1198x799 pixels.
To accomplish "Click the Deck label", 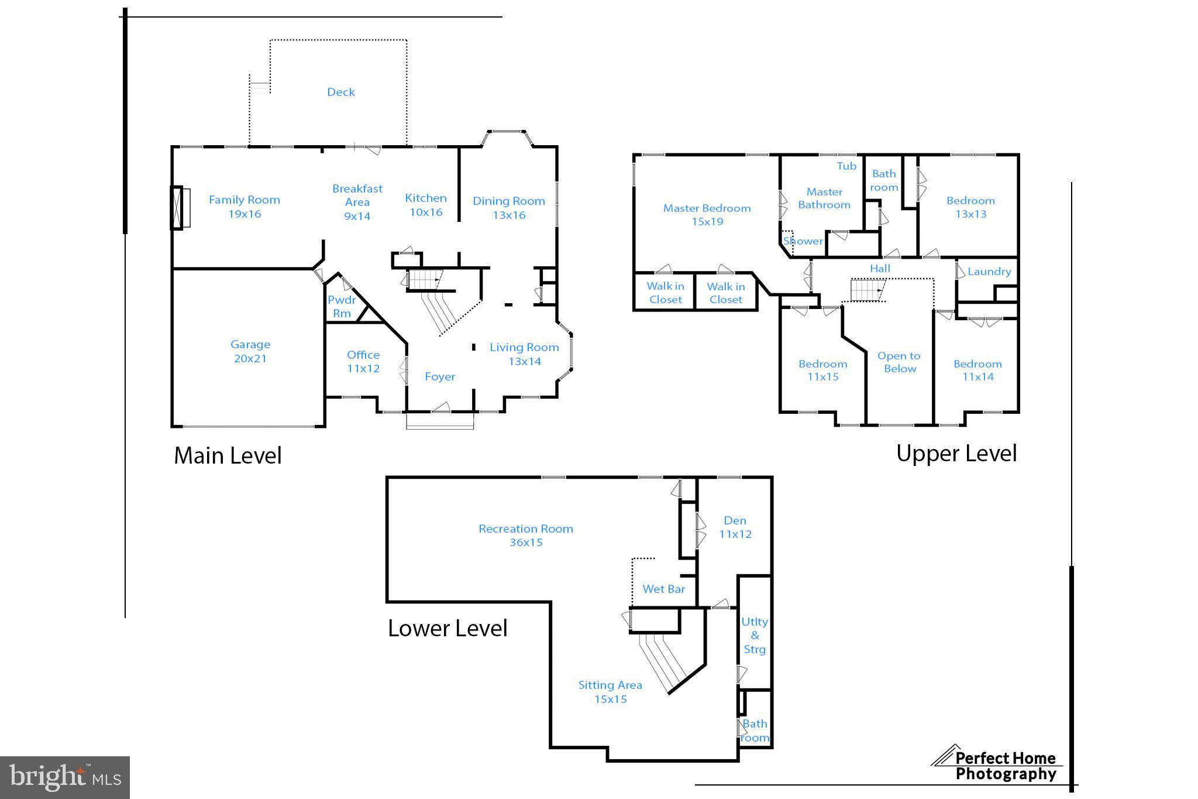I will tap(340, 92).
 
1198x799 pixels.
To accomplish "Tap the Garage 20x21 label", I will tap(250, 352).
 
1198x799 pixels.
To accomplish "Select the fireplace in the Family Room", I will tap(180, 207).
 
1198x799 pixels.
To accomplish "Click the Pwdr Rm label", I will tap(342, 307).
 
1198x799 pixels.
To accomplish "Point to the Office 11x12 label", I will tap(363, 362).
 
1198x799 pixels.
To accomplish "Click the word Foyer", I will tap(440, 377).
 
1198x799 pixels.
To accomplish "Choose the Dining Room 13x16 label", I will tap(509, 208).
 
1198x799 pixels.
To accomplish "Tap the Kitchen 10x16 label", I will tap(426, 205).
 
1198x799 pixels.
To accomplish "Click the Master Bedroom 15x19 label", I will tap(707, 215).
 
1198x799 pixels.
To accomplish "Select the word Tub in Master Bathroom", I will tap(846, 166).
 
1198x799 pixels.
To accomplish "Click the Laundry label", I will tap(989, 272).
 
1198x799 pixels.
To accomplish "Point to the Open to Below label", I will tap(899, 362).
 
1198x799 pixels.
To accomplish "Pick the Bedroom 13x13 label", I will tap(970, 207).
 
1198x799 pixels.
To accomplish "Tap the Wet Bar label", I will tap(663, 589).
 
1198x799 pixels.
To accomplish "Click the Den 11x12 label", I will tap(735, 527).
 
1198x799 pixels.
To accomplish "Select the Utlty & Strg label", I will tap(754, 636).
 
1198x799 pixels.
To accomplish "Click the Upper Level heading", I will tap(956, 454).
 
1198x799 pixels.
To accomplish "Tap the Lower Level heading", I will tap(447, 629).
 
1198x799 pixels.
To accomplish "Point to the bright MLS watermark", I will tap(65, 777).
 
